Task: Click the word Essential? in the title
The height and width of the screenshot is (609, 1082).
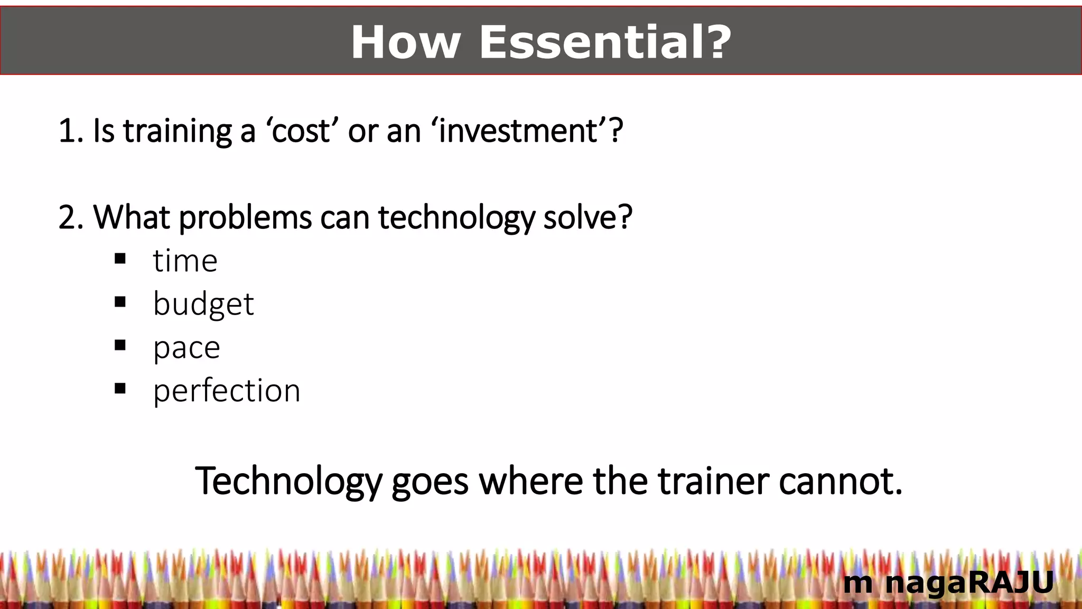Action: pyautogui.click(x=605, y=42)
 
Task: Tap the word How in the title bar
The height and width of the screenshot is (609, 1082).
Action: pyautogui.click(x=406, y=42)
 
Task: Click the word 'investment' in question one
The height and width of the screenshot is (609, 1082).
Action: pyautogui.click(x=520, y=131)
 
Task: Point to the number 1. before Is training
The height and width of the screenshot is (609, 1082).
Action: pyautogui.click(x=71, y=131)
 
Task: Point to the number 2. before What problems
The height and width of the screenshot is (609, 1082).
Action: pyautogui.click(x=71, y=217)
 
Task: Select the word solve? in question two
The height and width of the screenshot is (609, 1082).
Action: pyautogui.click(x=587, y=217)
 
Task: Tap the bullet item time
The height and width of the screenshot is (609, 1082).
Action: pyautogui.click(x=185, y=261)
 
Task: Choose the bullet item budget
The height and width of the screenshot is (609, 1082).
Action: pyautogui.click(x=203, y=304)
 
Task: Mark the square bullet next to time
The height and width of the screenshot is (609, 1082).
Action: pyautogui.click(x=120, y=259)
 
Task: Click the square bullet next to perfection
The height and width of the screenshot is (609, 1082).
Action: pyautogui.click(x=120, y=389)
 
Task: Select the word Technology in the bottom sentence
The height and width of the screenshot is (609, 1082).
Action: pyautogui.click(x=288, y=482)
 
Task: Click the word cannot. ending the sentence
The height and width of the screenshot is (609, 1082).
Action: pyautogui.click(x=840, y=482)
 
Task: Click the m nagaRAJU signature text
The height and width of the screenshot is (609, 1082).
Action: pyautogui.click(x=948, y=583)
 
